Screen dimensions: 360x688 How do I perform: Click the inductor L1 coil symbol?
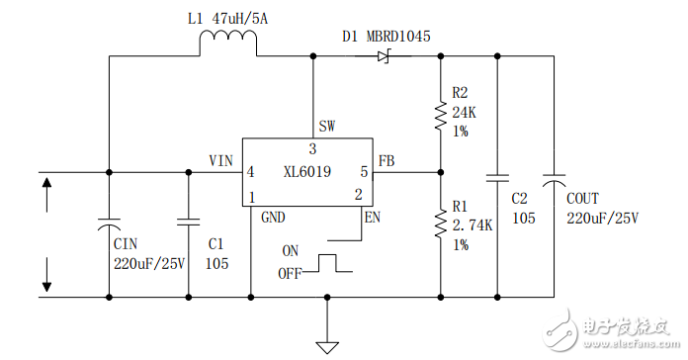(x=228, y=44)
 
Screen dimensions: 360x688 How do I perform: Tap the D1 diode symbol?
(x=384, y=56)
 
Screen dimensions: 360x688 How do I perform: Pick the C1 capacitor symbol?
(x=188, y=224)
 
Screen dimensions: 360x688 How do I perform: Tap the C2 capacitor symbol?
(x=497, y=179)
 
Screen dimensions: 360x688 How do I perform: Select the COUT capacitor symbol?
(x=554, y=179)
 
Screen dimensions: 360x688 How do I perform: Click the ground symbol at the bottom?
(x=327, y=346)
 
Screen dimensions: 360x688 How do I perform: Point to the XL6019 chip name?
(x=306, y=171)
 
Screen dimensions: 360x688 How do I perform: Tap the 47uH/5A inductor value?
(x=241, y=17)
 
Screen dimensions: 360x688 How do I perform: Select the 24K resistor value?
(x=465, y=113)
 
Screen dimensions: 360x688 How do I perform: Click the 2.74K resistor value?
(x=472, y=225)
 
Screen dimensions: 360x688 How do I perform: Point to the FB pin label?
(x=387, y=159)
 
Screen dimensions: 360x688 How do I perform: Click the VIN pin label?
(x=220, y=159)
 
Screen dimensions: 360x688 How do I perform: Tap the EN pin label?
(x=372, y=217)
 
